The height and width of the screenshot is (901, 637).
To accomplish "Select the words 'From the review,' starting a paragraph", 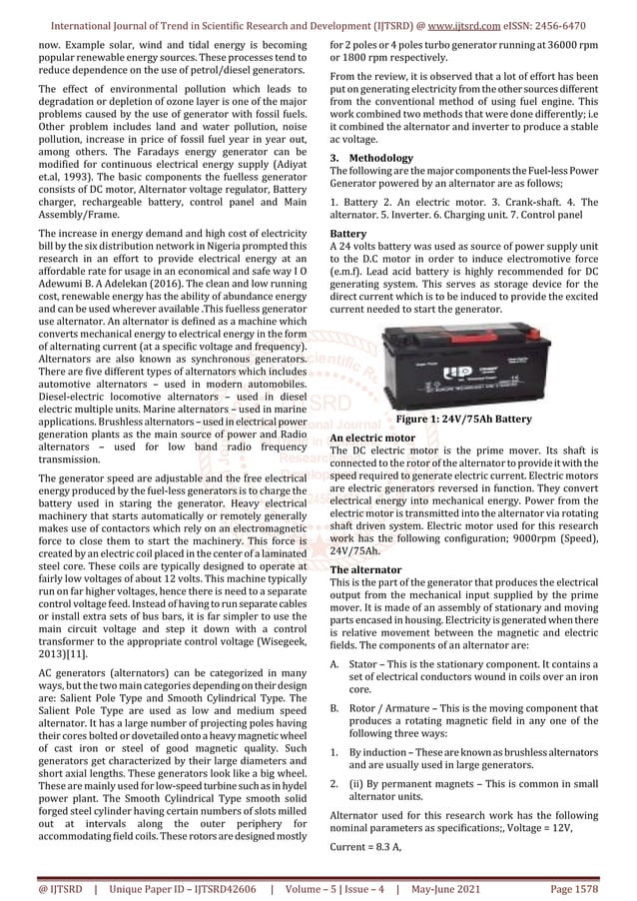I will pyautogui.click(x=376, y=76).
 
